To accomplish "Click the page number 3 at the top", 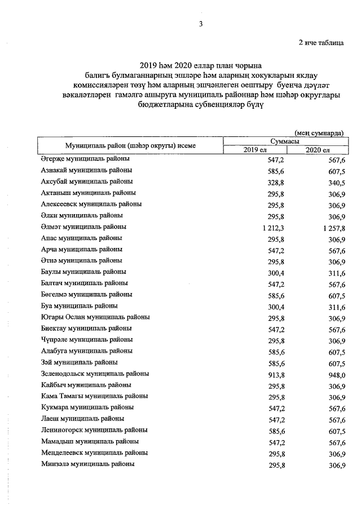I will pyautogui.click(x=200, y=24).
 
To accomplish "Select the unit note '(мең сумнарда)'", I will pyautogui.click(x=319, y=132).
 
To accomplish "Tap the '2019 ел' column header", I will pyautogui.click(x=255, y=149).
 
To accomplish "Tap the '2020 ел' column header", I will pyautogui.click(x=317, y=149).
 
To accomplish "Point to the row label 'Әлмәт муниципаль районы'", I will pyautogui.click(x=84, y=227).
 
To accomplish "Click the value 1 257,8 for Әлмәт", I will pyautogui.click(x=331, y=227).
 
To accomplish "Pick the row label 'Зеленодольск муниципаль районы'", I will pyautogui.click(x=95, y=374).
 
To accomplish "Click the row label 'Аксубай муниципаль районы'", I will pyautogui.click(x=87, y=181).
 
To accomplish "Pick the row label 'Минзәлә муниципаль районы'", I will pyautogui.click(x=87, y=464).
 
